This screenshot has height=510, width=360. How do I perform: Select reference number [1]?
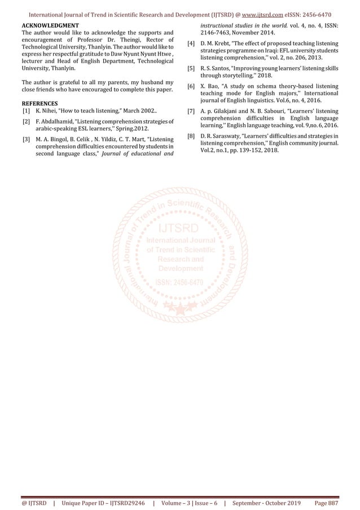[x=26, y=111]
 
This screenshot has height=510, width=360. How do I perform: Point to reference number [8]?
[x=191, y=136]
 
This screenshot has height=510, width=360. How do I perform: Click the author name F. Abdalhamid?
[x=55, y=121]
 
